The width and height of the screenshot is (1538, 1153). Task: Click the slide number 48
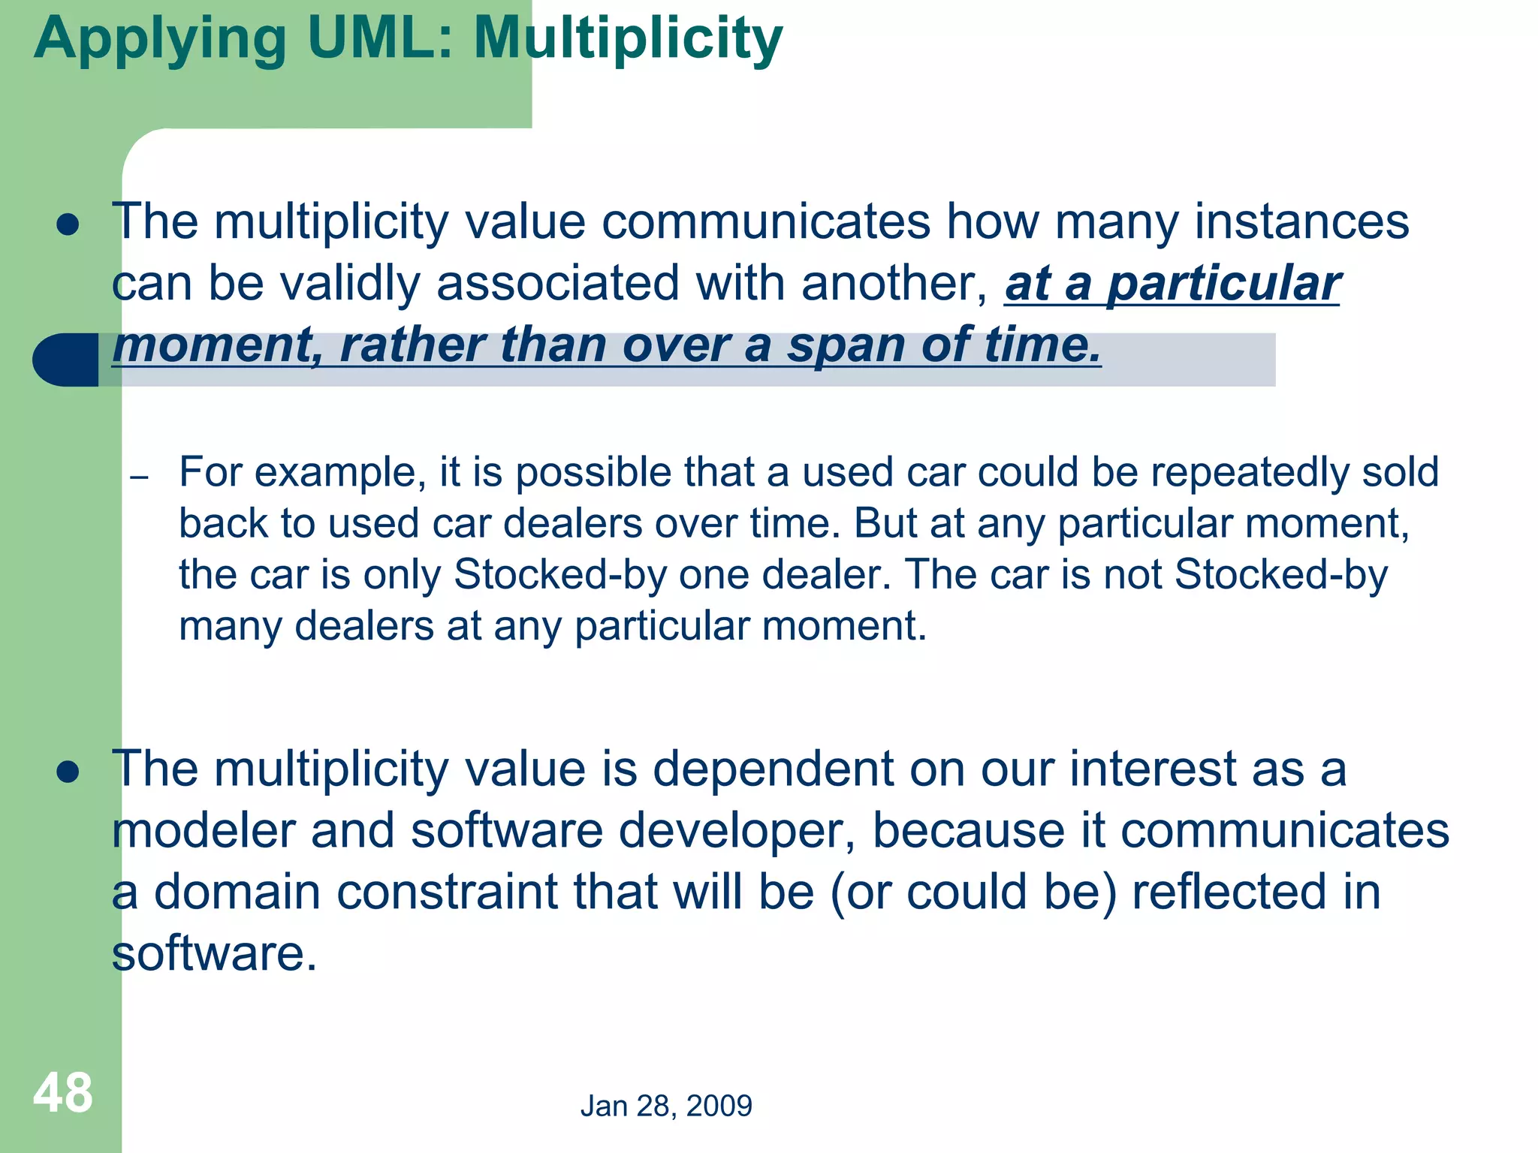[x=63, y=1093]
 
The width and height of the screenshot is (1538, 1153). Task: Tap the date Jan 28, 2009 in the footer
[x=666, y=1106]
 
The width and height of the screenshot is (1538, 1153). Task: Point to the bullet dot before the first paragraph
[x=68, y=224]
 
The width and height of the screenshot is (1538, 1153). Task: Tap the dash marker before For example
[x=139, y=477]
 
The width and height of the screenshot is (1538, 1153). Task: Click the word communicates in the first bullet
[x=765, y=222]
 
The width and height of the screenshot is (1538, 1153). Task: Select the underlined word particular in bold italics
[x=1223, y=284]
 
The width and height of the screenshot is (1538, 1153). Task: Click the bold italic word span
[x=846, y=345]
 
